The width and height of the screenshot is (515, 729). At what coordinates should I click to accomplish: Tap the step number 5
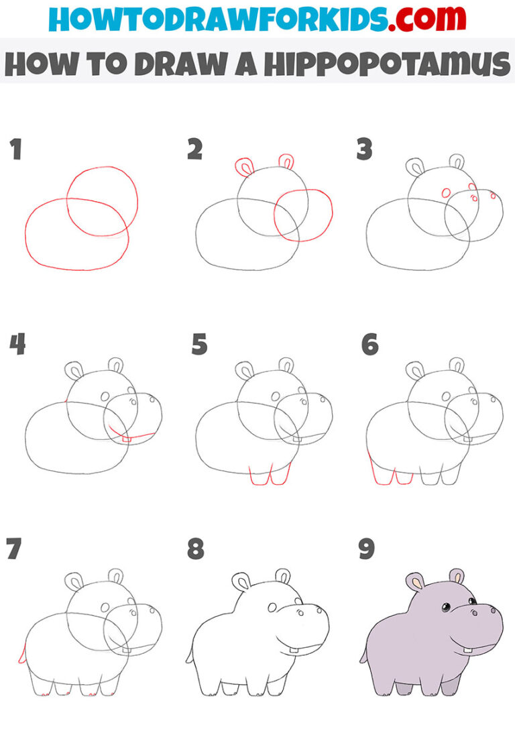pyautogui.click(x=199, y=345)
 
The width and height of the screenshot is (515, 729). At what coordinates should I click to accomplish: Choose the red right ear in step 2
pyautogui.click(x=286, y=162)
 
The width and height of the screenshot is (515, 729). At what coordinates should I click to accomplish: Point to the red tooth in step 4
pyautogui.click(x=125, y=439)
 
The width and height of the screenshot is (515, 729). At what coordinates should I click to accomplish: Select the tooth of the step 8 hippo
pyautogui.click(x=294, y=649)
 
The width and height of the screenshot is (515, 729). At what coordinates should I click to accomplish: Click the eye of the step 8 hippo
pyautogui.click(x=272, y=608)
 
